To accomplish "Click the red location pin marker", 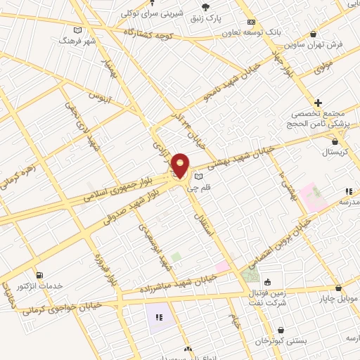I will (x=181, y=165).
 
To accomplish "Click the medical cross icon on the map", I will (x=319, y=103).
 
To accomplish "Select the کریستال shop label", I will (x=340, y=152).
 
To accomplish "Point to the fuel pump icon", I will (x=37, y=274).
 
